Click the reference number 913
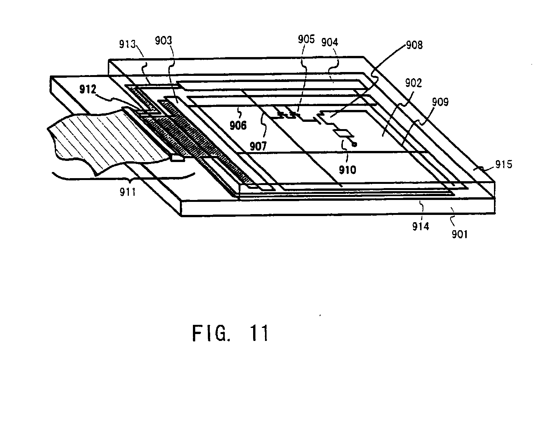pyautogui.click(x=128, y=44)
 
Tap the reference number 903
pyautogui.click(x=164, y=41)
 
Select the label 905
pyautogui.click(x=306, y=39)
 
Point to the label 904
pyautogui.click(x=330, y=42)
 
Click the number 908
pyautogui.click(x=414, y=45)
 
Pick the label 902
pyautogui.click(x=413, y=83)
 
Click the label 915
pyautogui.click(x=504, y=164)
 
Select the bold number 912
pyautogui.click(x=88, y=90)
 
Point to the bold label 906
pyautogui.click(x=238, y=125)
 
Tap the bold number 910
pyautogui.click(x=347, y=169)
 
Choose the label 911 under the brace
pyautogui.click(x=128, y=192)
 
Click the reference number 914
pyautogui.click(x=421, y=227)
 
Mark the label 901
pyautogui.click(x=459, y=234)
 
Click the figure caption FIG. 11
pyautogui.click(x=230, y=333)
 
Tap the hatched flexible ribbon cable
pyautogui.click(x=96, y=142)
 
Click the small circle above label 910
pyautogui.click(x=354, y=144)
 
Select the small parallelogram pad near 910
pyautogui.click(x=344, y=133)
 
